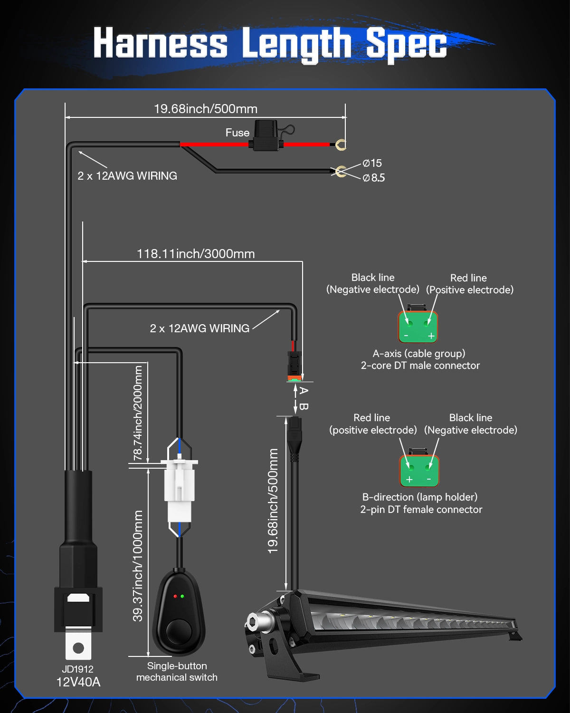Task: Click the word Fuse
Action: click(x=237, y=133)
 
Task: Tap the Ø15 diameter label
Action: click(x=372, y=163)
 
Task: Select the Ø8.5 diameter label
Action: click(x=374, y=178)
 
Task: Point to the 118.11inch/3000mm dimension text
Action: click(x=196, y=254)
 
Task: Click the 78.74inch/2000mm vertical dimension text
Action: click(x=138, y=413)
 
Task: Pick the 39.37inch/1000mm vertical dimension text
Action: click(x=138, y=566)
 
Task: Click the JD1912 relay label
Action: click(x=78, y=669)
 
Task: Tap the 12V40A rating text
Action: click(x=78, y=682)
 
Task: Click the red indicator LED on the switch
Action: click(x=175, y=596)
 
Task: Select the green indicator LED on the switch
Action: click(x=182, y=596)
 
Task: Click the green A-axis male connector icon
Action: click(x=418, y=327)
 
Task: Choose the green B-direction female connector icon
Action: click(x=419, y=471)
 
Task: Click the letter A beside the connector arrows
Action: click(x=304, y=391)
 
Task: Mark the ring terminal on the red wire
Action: click(x=341, y=144)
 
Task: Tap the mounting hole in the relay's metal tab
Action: click(x=78, y=647)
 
